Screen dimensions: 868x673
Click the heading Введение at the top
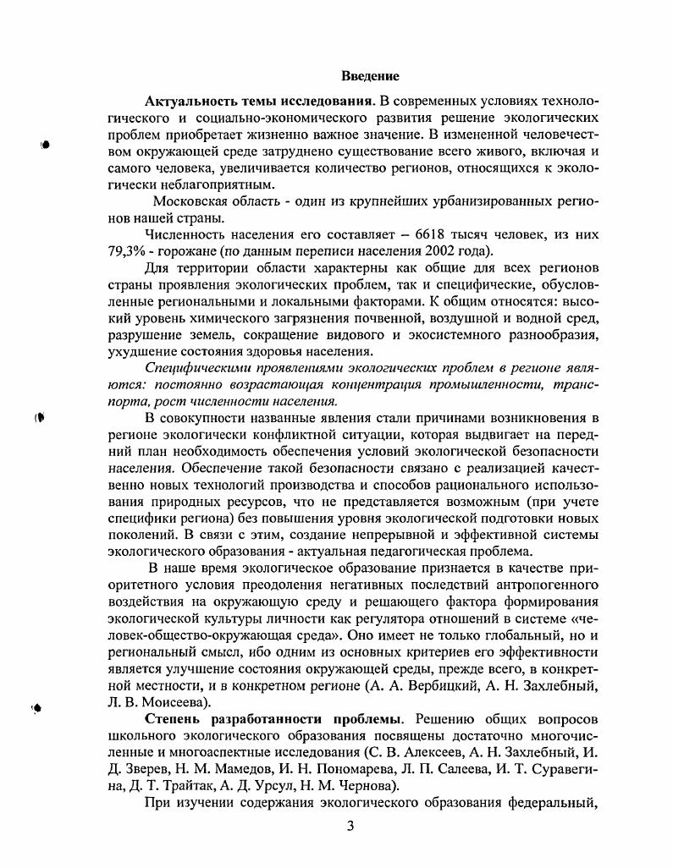pos(370,77)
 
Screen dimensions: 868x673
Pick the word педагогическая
pos(397,550)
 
